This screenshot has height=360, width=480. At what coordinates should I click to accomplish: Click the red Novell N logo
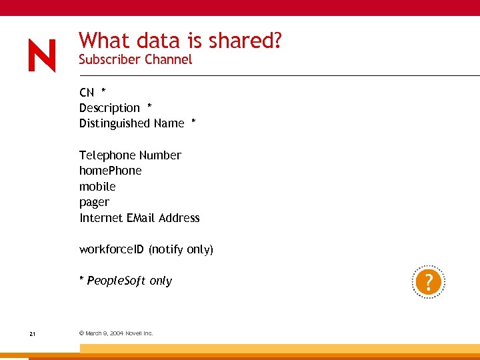click(x=42, y=55)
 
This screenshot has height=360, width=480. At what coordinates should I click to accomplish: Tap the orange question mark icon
click(x=428, y=283)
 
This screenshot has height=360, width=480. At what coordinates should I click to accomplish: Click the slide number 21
click(x=32, y=333)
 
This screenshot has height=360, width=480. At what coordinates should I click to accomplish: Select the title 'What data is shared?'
click(x=180, y=41)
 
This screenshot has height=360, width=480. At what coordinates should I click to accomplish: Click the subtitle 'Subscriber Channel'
click(x=135, y=59)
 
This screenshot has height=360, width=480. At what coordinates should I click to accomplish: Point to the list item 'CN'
click(x=87, y=92)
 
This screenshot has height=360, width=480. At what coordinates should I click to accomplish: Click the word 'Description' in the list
click(x=109, y=108)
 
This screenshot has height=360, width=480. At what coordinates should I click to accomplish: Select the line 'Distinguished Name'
click(x=131, y=123)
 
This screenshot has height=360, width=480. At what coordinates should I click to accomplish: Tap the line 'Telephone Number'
click(x=130, y=155)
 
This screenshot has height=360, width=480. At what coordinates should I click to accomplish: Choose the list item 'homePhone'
click(x=110, y=171)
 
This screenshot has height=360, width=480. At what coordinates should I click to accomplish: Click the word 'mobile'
click(x=97, y=187)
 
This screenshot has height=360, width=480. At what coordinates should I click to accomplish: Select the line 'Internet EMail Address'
click(x=139, y=218)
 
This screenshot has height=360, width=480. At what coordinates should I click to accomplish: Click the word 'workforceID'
click(x=111, y=249)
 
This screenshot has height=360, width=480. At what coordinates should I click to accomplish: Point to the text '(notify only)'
click(x=181, y=249)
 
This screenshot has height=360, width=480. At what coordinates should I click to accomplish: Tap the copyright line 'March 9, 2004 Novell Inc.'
click(x=116, y=333)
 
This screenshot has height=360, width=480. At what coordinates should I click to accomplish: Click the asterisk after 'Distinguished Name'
click(x=193, y=122)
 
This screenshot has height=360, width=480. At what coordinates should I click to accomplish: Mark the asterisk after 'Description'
click(x=149, y=107)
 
